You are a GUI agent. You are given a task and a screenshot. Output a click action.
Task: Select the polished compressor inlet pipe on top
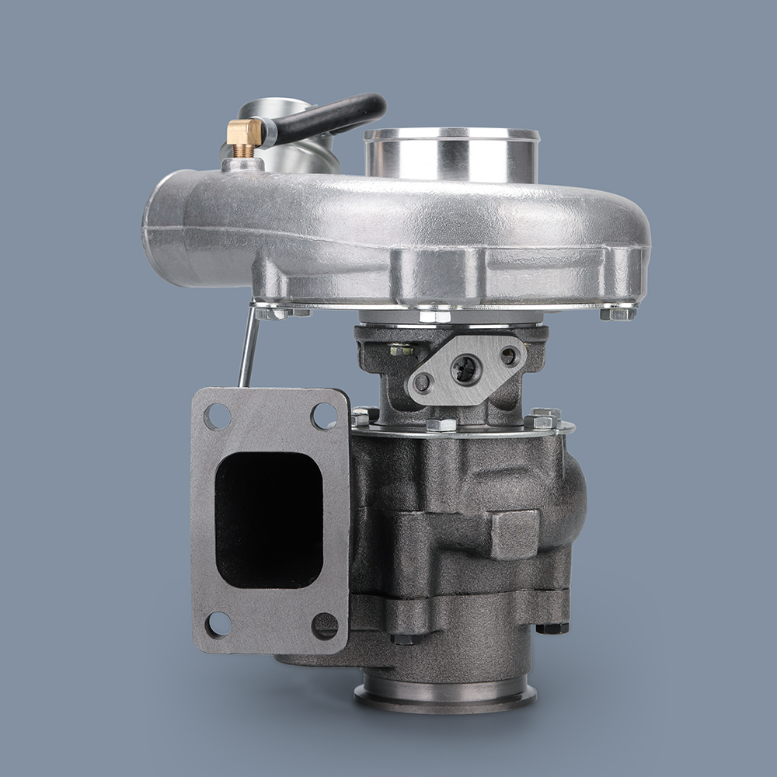coord(451,155)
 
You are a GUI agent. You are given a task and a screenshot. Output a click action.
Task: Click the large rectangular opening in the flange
coord(269,519)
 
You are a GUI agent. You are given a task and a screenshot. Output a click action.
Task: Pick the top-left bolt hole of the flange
coord(218,417)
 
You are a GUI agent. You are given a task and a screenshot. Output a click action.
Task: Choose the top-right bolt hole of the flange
coord(323,416)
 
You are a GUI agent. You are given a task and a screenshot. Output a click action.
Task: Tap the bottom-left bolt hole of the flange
coord(218,624)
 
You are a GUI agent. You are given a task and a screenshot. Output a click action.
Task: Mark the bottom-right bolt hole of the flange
coord(325,625)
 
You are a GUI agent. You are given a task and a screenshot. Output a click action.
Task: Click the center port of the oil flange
coord(465,370)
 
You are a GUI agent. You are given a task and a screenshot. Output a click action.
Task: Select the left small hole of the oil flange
coord(423,382)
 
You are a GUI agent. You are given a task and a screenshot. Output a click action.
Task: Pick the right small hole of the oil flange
coord(508,357)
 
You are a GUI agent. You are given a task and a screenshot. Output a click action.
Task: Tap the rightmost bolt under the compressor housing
coord(618,313)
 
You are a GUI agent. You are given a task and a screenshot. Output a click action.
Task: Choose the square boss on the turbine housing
coord(515,535)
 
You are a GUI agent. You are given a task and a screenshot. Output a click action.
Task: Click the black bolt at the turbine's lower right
coord(552,627)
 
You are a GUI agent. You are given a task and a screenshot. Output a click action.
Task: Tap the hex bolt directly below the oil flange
coord(441,424)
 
